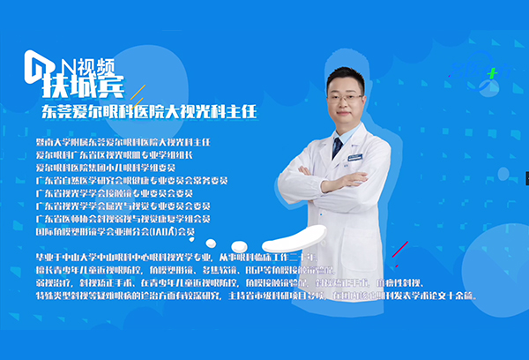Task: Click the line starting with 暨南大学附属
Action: click(x=123, y=141)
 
